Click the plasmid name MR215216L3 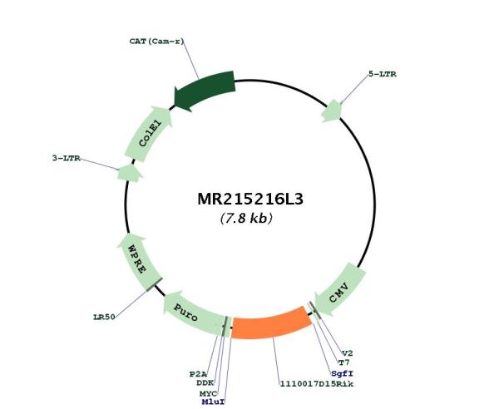[250, 199]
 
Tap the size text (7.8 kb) [246, 218]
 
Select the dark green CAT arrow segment [205, 90]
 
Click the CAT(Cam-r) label [156, 42]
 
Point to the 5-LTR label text [383, 74]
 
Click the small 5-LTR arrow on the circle [332, 111]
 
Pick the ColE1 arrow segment [149, 133]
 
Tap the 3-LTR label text [67, 158]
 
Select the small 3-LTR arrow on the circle [130, 174]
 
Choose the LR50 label [104, 317]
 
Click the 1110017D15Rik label [317, 384]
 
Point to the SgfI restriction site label [342, 374]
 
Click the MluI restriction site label [213, 402]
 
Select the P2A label [198, 374]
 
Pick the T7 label [343, 362]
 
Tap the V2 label [347, 353]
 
